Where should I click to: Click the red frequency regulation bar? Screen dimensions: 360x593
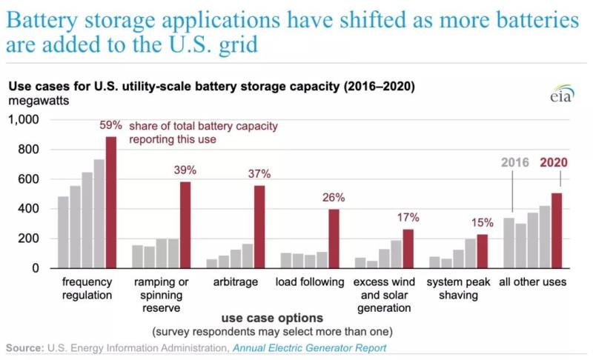pyautogui.click(x=110, y=201)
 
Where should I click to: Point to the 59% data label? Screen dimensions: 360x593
pyautogui.click(x=111, y=126)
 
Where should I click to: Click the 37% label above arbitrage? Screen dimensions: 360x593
pyautogui.click(x=259, y=174)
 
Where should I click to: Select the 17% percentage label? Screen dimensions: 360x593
pyautogui.click(x=408, y=218)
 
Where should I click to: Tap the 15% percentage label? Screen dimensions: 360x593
pyautogui.click(x=483, y=223)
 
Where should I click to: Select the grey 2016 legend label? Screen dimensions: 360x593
pyautogui.click(x=514, y=163)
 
